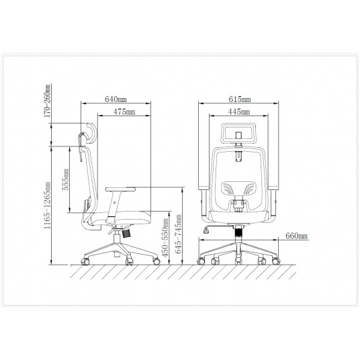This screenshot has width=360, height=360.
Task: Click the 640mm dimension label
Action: [116, 99]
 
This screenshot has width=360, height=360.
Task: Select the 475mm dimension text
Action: [124, 111]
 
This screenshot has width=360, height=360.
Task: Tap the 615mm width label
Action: [240, 99]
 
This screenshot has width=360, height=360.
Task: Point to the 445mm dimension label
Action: [239, 111]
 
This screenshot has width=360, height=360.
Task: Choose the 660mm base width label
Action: [296, 236]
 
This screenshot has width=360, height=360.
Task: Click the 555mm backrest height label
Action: [66, 179]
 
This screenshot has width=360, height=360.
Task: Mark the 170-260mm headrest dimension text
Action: [47, 101]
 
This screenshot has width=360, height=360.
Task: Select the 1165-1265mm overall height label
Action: [47, 206]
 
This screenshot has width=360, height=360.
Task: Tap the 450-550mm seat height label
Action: [165, 238]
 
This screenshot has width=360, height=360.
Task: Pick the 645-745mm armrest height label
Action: [178, 234]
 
